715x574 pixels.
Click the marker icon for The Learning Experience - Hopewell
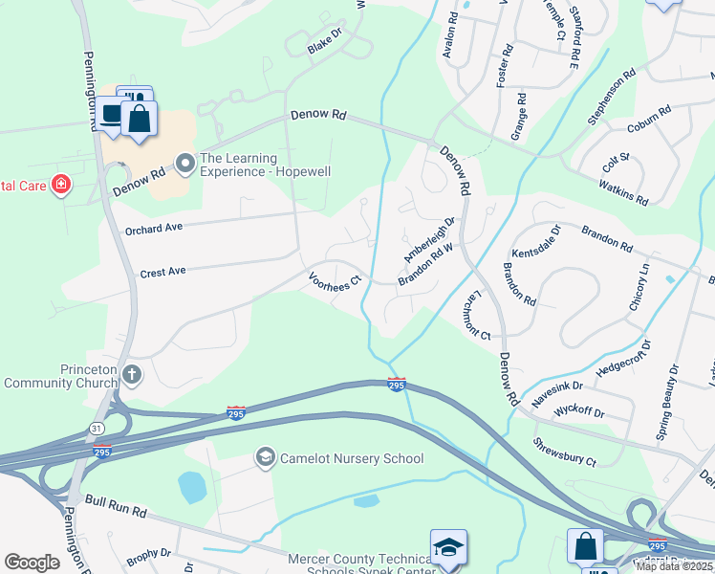(184, 165)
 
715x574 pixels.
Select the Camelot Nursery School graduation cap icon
(264, 458)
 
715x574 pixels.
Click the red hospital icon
(61, 184)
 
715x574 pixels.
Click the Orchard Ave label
(153, 230)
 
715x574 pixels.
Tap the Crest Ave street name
(162, 273)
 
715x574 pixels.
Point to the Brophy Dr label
(148, 553)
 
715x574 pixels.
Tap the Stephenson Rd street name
(612, 97)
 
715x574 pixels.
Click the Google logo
(32, 563)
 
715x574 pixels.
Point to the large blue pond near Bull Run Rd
(192, 488)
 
